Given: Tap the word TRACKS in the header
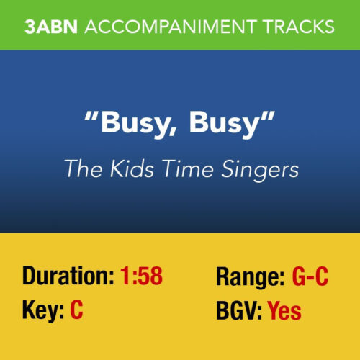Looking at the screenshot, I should point(301,27).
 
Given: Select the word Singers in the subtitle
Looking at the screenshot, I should point(258,170).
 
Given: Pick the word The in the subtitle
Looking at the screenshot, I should point(79,169).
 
